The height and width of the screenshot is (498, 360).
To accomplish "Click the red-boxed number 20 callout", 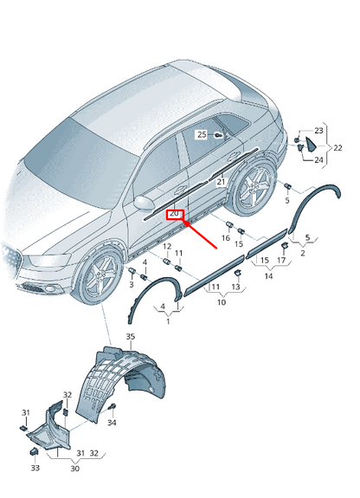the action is point(175,214).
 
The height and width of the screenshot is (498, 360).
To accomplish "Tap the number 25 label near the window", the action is point(202,134).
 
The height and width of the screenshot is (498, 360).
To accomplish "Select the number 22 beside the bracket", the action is point(337,148).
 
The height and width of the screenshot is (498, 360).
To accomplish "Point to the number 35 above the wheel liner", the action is point(131,337).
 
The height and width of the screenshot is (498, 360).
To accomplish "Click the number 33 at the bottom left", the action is point(35,468).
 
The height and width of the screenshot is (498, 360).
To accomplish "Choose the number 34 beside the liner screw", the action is point(112,423).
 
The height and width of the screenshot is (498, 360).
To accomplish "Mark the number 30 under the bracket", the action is point(75,469).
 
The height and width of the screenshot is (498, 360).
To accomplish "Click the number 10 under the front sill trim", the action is point(222,302).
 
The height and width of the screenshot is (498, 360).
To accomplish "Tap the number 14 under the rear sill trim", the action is point(268,276).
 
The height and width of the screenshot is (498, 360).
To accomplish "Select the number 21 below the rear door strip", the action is point(221,182).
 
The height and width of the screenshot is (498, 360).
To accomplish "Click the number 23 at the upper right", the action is point(318,130).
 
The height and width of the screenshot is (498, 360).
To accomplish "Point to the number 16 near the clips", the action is point(226,238).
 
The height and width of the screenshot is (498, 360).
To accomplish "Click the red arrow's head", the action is point(185,224).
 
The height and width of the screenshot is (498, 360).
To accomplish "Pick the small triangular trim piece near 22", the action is point(310,144).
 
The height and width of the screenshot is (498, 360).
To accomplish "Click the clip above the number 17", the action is point(285,246).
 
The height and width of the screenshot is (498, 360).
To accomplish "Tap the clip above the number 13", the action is point(237,273).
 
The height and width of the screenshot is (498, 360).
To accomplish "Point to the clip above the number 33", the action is point(34,451).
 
